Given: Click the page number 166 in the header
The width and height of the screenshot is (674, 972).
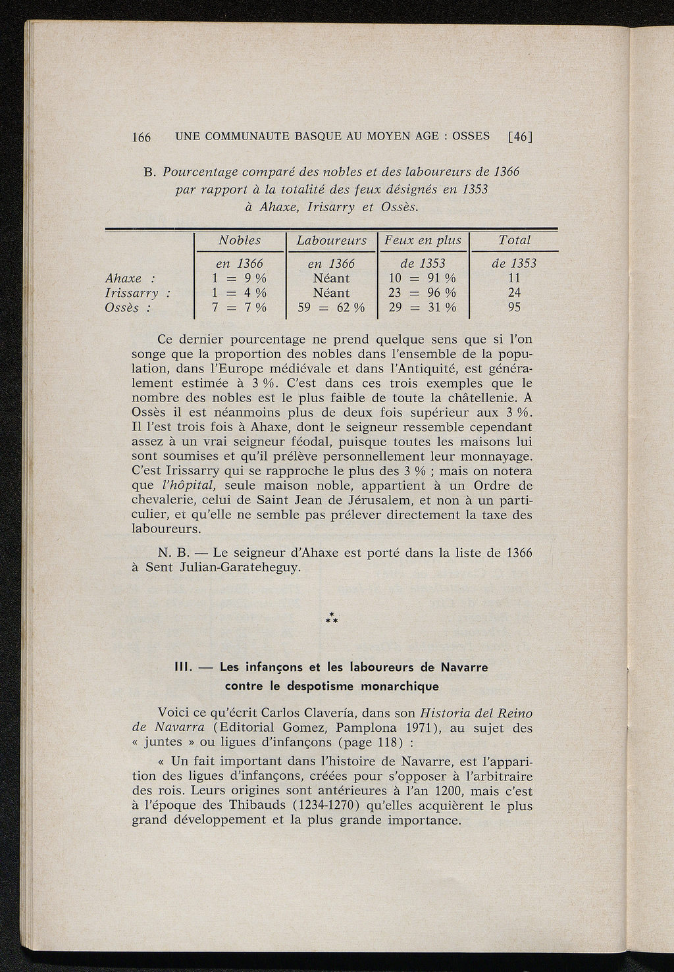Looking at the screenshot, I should click(142, 137).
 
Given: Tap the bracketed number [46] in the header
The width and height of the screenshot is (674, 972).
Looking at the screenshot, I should click(520, 137).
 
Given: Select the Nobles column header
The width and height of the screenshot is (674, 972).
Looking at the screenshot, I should click(240, 241).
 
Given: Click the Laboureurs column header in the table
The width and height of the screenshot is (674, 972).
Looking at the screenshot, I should click(331, 241).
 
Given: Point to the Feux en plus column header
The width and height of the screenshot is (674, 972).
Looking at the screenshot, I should click(423, 241).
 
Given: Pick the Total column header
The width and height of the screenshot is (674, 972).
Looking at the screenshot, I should click(514, 241).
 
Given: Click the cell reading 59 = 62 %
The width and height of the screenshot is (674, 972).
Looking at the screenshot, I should click(331, 307).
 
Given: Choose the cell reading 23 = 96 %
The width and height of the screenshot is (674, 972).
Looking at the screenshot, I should click(423, 293).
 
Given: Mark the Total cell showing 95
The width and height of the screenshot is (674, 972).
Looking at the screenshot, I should click(514, 307).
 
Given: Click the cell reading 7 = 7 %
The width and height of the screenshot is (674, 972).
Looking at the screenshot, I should click(241, 307).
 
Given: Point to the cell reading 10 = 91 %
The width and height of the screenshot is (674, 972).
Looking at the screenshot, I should click(423, 278).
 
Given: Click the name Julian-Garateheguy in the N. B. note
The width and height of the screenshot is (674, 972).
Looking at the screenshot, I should click(240, 567).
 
